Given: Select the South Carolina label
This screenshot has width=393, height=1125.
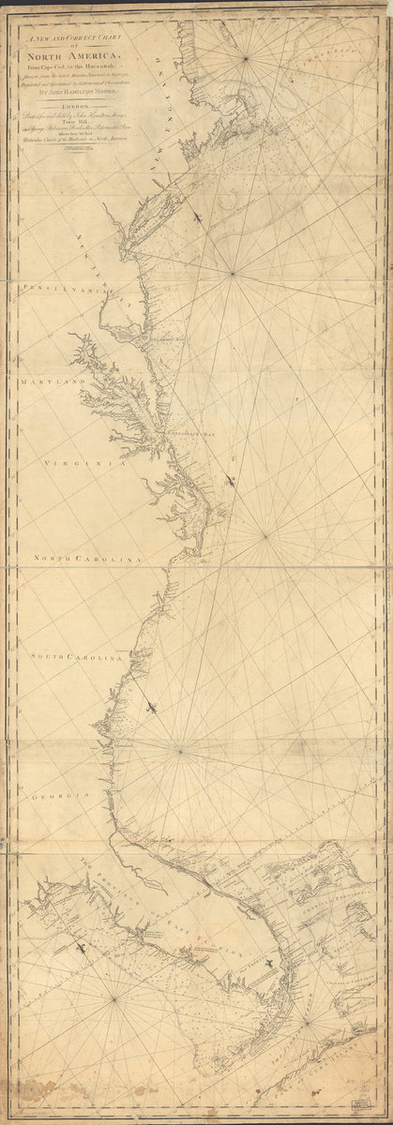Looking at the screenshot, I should pos(75,658).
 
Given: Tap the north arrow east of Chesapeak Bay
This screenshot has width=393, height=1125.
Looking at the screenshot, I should pos(231,483).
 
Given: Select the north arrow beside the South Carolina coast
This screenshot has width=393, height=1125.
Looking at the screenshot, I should pos(154,705).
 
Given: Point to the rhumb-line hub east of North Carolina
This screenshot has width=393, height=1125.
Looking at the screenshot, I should pos(265,536).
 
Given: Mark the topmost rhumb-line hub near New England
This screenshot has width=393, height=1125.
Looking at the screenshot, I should pos(247,59).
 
